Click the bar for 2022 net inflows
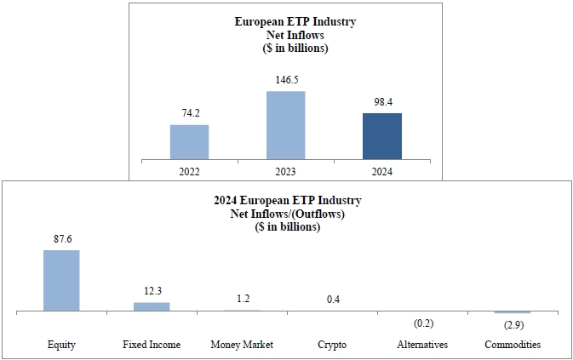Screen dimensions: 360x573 point(189,141)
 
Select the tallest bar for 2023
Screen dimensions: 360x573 point(285,124)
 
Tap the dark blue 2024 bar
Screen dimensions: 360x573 point(381,135)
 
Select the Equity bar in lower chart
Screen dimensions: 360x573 point(61,280)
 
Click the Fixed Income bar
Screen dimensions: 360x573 point(152,306)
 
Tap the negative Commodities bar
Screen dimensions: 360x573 point(513,312)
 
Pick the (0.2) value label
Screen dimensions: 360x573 point(422,323)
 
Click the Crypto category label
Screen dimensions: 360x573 point(332,345)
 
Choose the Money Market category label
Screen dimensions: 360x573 point(242,345)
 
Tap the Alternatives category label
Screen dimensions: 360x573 point(422,345)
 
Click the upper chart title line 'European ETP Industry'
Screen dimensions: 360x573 point(295,21)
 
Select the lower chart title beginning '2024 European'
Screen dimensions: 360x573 point(286,200)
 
